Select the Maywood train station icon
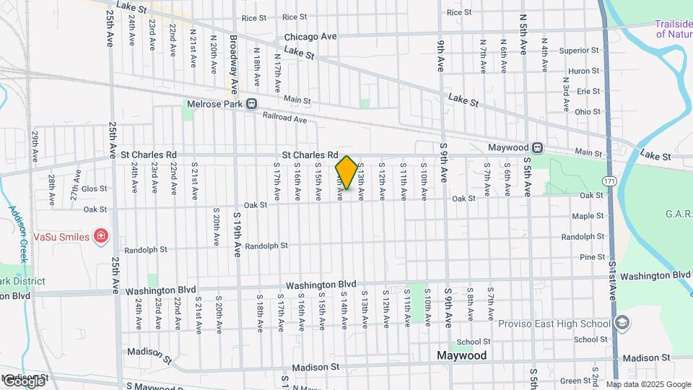point(538,147)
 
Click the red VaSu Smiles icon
point(102,236)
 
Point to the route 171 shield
point(611,180)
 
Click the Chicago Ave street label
point(310,36)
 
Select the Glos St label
point(95,188)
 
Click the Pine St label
point(592,257)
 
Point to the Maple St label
point(588,216)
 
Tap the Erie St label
point(588,91)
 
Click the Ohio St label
point(587,112)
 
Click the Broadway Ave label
point(234,65)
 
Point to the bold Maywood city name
point(462,355)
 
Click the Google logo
point(23,381)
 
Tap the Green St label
point(575,381)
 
